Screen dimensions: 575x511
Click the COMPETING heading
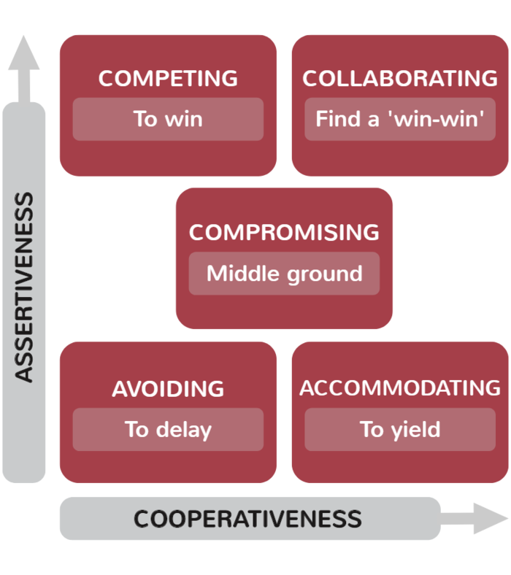(x=168, y=78)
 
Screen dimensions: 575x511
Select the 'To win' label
(x=168, y=118)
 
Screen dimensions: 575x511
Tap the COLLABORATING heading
(x=400, y=78)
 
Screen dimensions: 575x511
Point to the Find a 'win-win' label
(x=400, y=118)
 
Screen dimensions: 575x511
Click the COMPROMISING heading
(x=284, y=233)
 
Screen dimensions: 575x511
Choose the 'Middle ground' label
(x=284, y=274)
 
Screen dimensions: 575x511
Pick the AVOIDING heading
(x=168, y=389)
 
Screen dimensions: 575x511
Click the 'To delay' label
(x=168, y=429)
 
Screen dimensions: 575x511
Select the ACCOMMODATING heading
(x=400, y=387)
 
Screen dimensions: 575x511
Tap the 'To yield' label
(x=400, y=429)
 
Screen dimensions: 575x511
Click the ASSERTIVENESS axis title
(x=25, y=287)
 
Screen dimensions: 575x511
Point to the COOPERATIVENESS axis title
(x=247, y=519)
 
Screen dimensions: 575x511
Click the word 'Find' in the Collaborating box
(x=337, y=118)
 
